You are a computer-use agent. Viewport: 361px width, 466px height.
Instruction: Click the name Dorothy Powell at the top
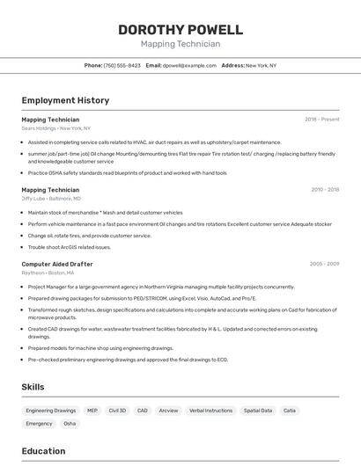pos(180,29)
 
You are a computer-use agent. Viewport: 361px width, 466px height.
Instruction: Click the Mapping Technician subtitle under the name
pos(180,43)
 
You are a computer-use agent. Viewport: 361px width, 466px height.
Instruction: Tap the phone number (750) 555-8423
pos(122,65)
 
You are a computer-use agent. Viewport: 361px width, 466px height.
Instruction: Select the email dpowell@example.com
pos(189,65)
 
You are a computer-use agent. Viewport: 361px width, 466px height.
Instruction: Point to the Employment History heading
pos(65,100)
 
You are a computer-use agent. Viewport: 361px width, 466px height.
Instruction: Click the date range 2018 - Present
pos(321,120)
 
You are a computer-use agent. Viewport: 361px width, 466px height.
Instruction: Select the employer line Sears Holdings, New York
pos(56,128)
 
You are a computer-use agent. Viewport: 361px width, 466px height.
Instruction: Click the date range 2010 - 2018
pos(324,190)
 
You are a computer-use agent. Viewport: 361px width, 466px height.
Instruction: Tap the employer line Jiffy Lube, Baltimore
pos(51,199)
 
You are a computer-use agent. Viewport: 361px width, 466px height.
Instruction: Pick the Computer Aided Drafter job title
pos(56,264)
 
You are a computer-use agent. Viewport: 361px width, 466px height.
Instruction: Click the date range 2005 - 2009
pos(324,264)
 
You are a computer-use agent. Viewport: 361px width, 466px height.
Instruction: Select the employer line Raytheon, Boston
pos(48,273)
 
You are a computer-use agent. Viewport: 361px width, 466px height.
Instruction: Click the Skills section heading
pos(33,387)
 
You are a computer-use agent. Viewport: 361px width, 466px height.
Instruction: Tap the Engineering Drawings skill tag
pos(51,411)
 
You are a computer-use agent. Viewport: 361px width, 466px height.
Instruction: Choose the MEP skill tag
pos(92,411)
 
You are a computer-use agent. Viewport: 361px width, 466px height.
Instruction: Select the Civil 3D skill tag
pos(117,411)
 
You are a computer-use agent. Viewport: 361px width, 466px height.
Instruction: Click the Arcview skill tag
pos(168,411)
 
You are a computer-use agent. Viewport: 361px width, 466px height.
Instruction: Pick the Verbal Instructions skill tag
pos(211,411)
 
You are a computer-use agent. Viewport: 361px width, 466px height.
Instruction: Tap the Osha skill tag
pos(70,424)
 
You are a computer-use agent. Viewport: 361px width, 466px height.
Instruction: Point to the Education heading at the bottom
pos(43,451)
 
